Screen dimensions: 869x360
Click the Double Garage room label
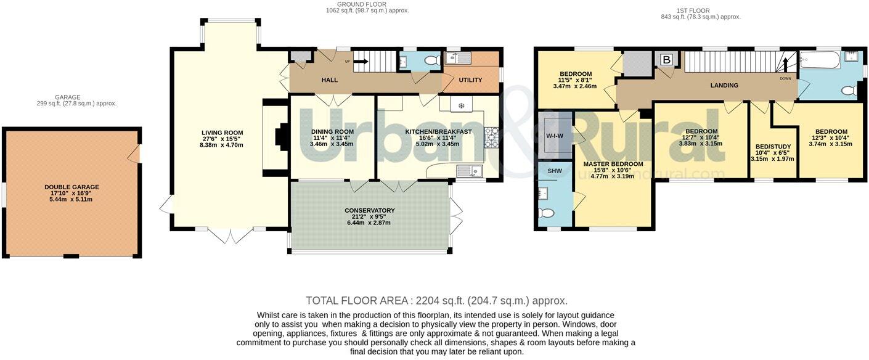pos(71,187)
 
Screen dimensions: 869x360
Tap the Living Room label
pos(222,133)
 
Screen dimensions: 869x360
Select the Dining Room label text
pos(332,132)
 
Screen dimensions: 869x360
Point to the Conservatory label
pos(370,211)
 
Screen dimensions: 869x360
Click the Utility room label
pos(471,80)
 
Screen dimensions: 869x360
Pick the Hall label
pos(329,80)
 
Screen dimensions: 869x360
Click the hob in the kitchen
pos(491,137)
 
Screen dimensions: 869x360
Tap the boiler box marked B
pos(667,60)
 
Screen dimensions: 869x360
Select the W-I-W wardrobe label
pos(555,136)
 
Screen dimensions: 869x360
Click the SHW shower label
pos(555,171)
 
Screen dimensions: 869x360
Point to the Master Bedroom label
pos(613,164)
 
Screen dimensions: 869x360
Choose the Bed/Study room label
pos(773,147)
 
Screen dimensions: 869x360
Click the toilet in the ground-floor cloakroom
pos(431,60)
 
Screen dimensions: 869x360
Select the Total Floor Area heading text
pos(356,301)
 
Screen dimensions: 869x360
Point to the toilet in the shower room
pos(547,213)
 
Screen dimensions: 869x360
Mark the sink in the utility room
pos(458,58)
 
